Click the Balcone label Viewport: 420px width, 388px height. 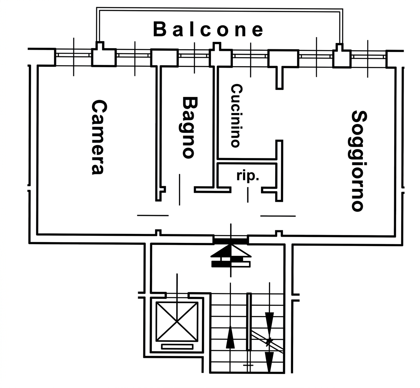pos(208,29)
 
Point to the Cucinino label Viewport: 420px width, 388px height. pos(236,116)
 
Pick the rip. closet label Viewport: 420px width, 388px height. pos(248,176)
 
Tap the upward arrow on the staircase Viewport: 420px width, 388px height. pos(230,337)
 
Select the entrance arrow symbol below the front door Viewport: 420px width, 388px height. pos(231,255)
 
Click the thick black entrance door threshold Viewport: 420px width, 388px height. pos(231,241)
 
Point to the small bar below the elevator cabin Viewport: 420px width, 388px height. pos(177,347)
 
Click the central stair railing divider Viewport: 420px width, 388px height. pos(249,322)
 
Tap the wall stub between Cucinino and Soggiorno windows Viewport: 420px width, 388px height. pos(279,78)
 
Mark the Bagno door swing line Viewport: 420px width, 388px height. pos(179,190)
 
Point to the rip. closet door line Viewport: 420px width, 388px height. pos(248,195)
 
